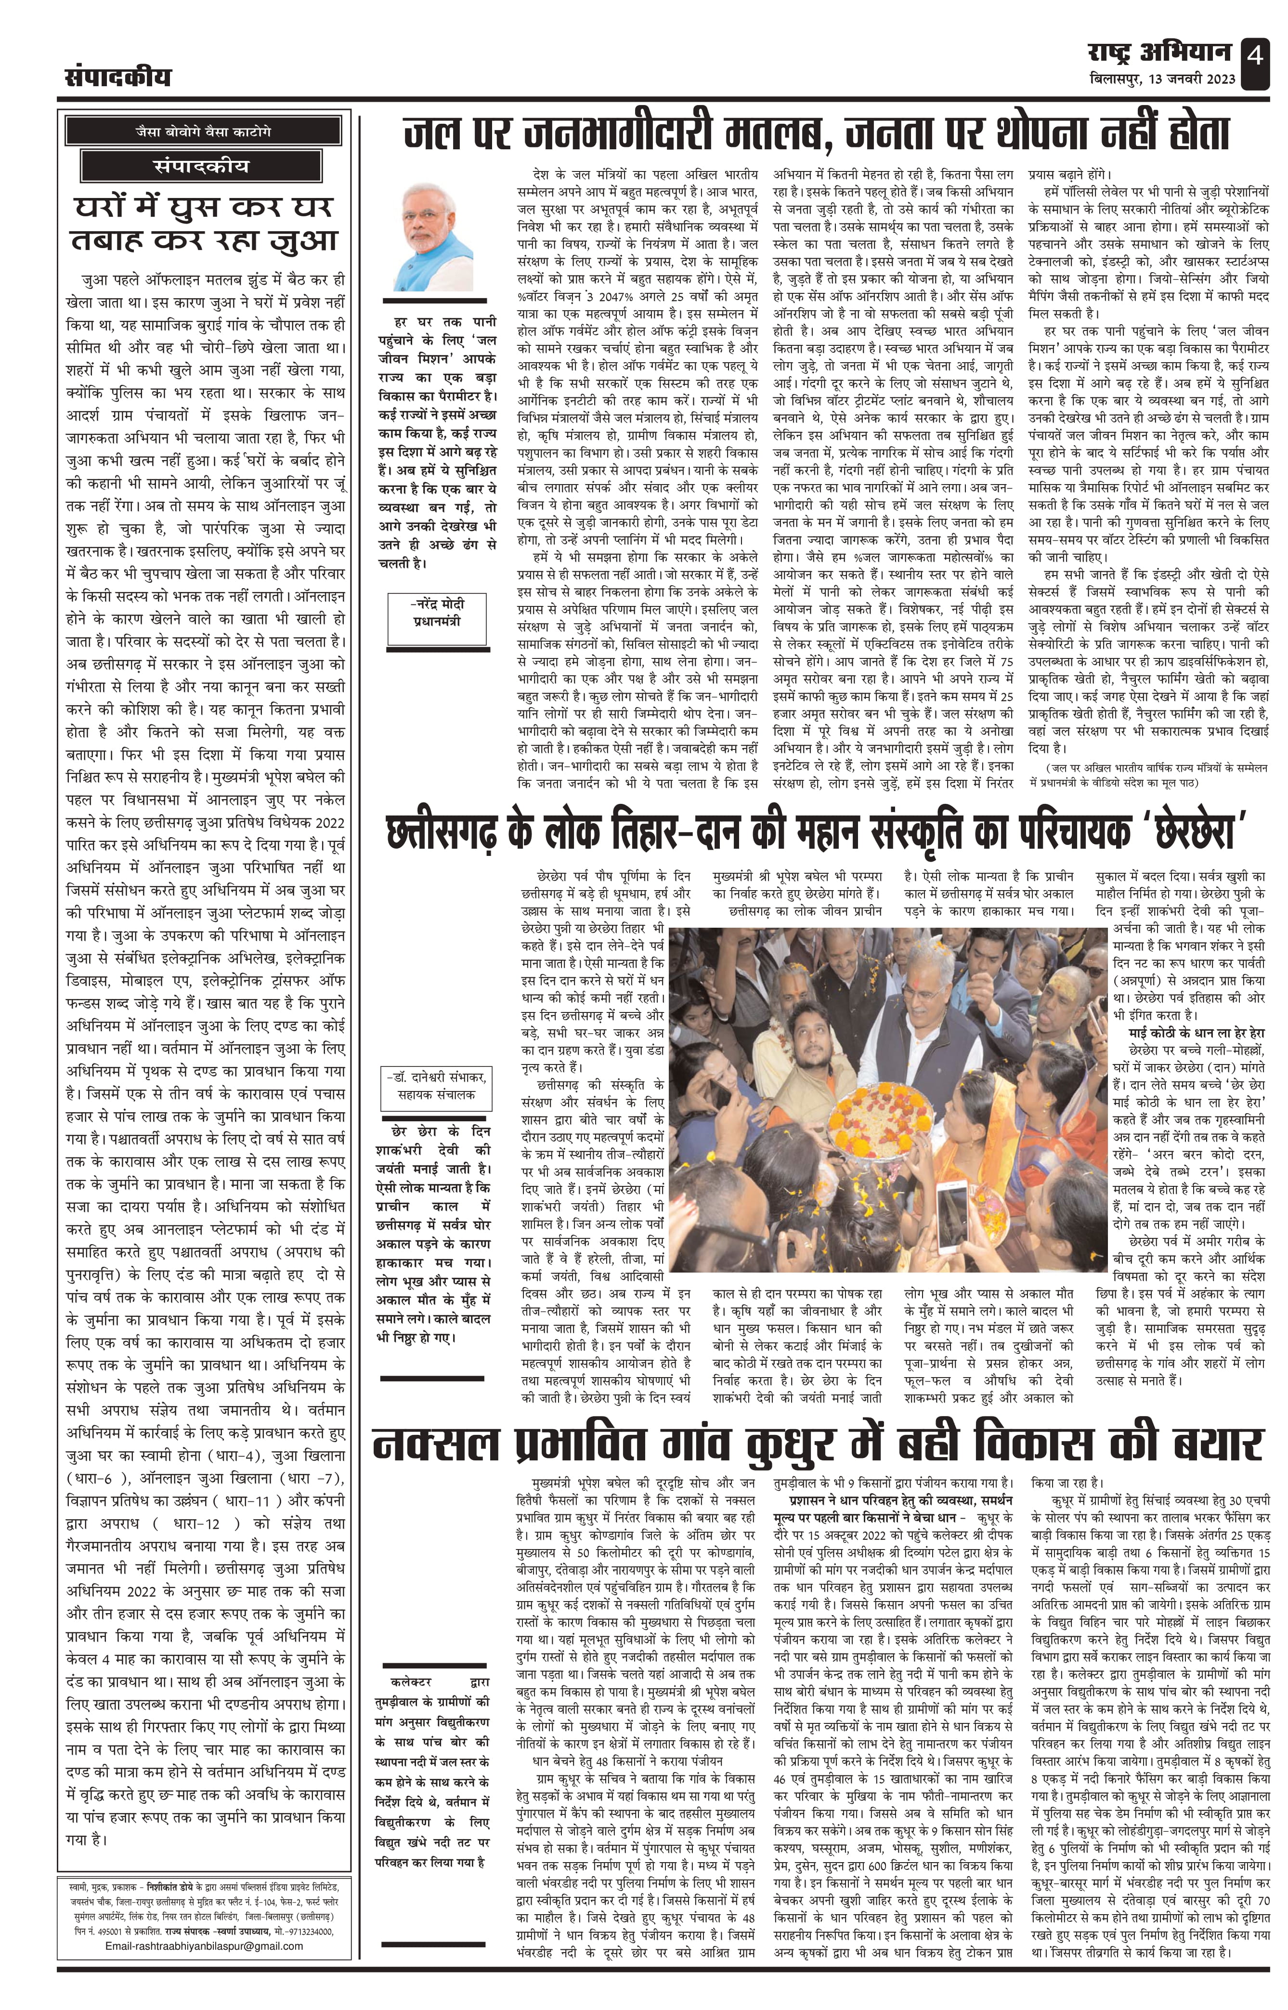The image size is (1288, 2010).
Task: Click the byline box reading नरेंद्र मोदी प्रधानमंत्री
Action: click(437, 620)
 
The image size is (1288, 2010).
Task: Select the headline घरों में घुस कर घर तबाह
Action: click(204, 223)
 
